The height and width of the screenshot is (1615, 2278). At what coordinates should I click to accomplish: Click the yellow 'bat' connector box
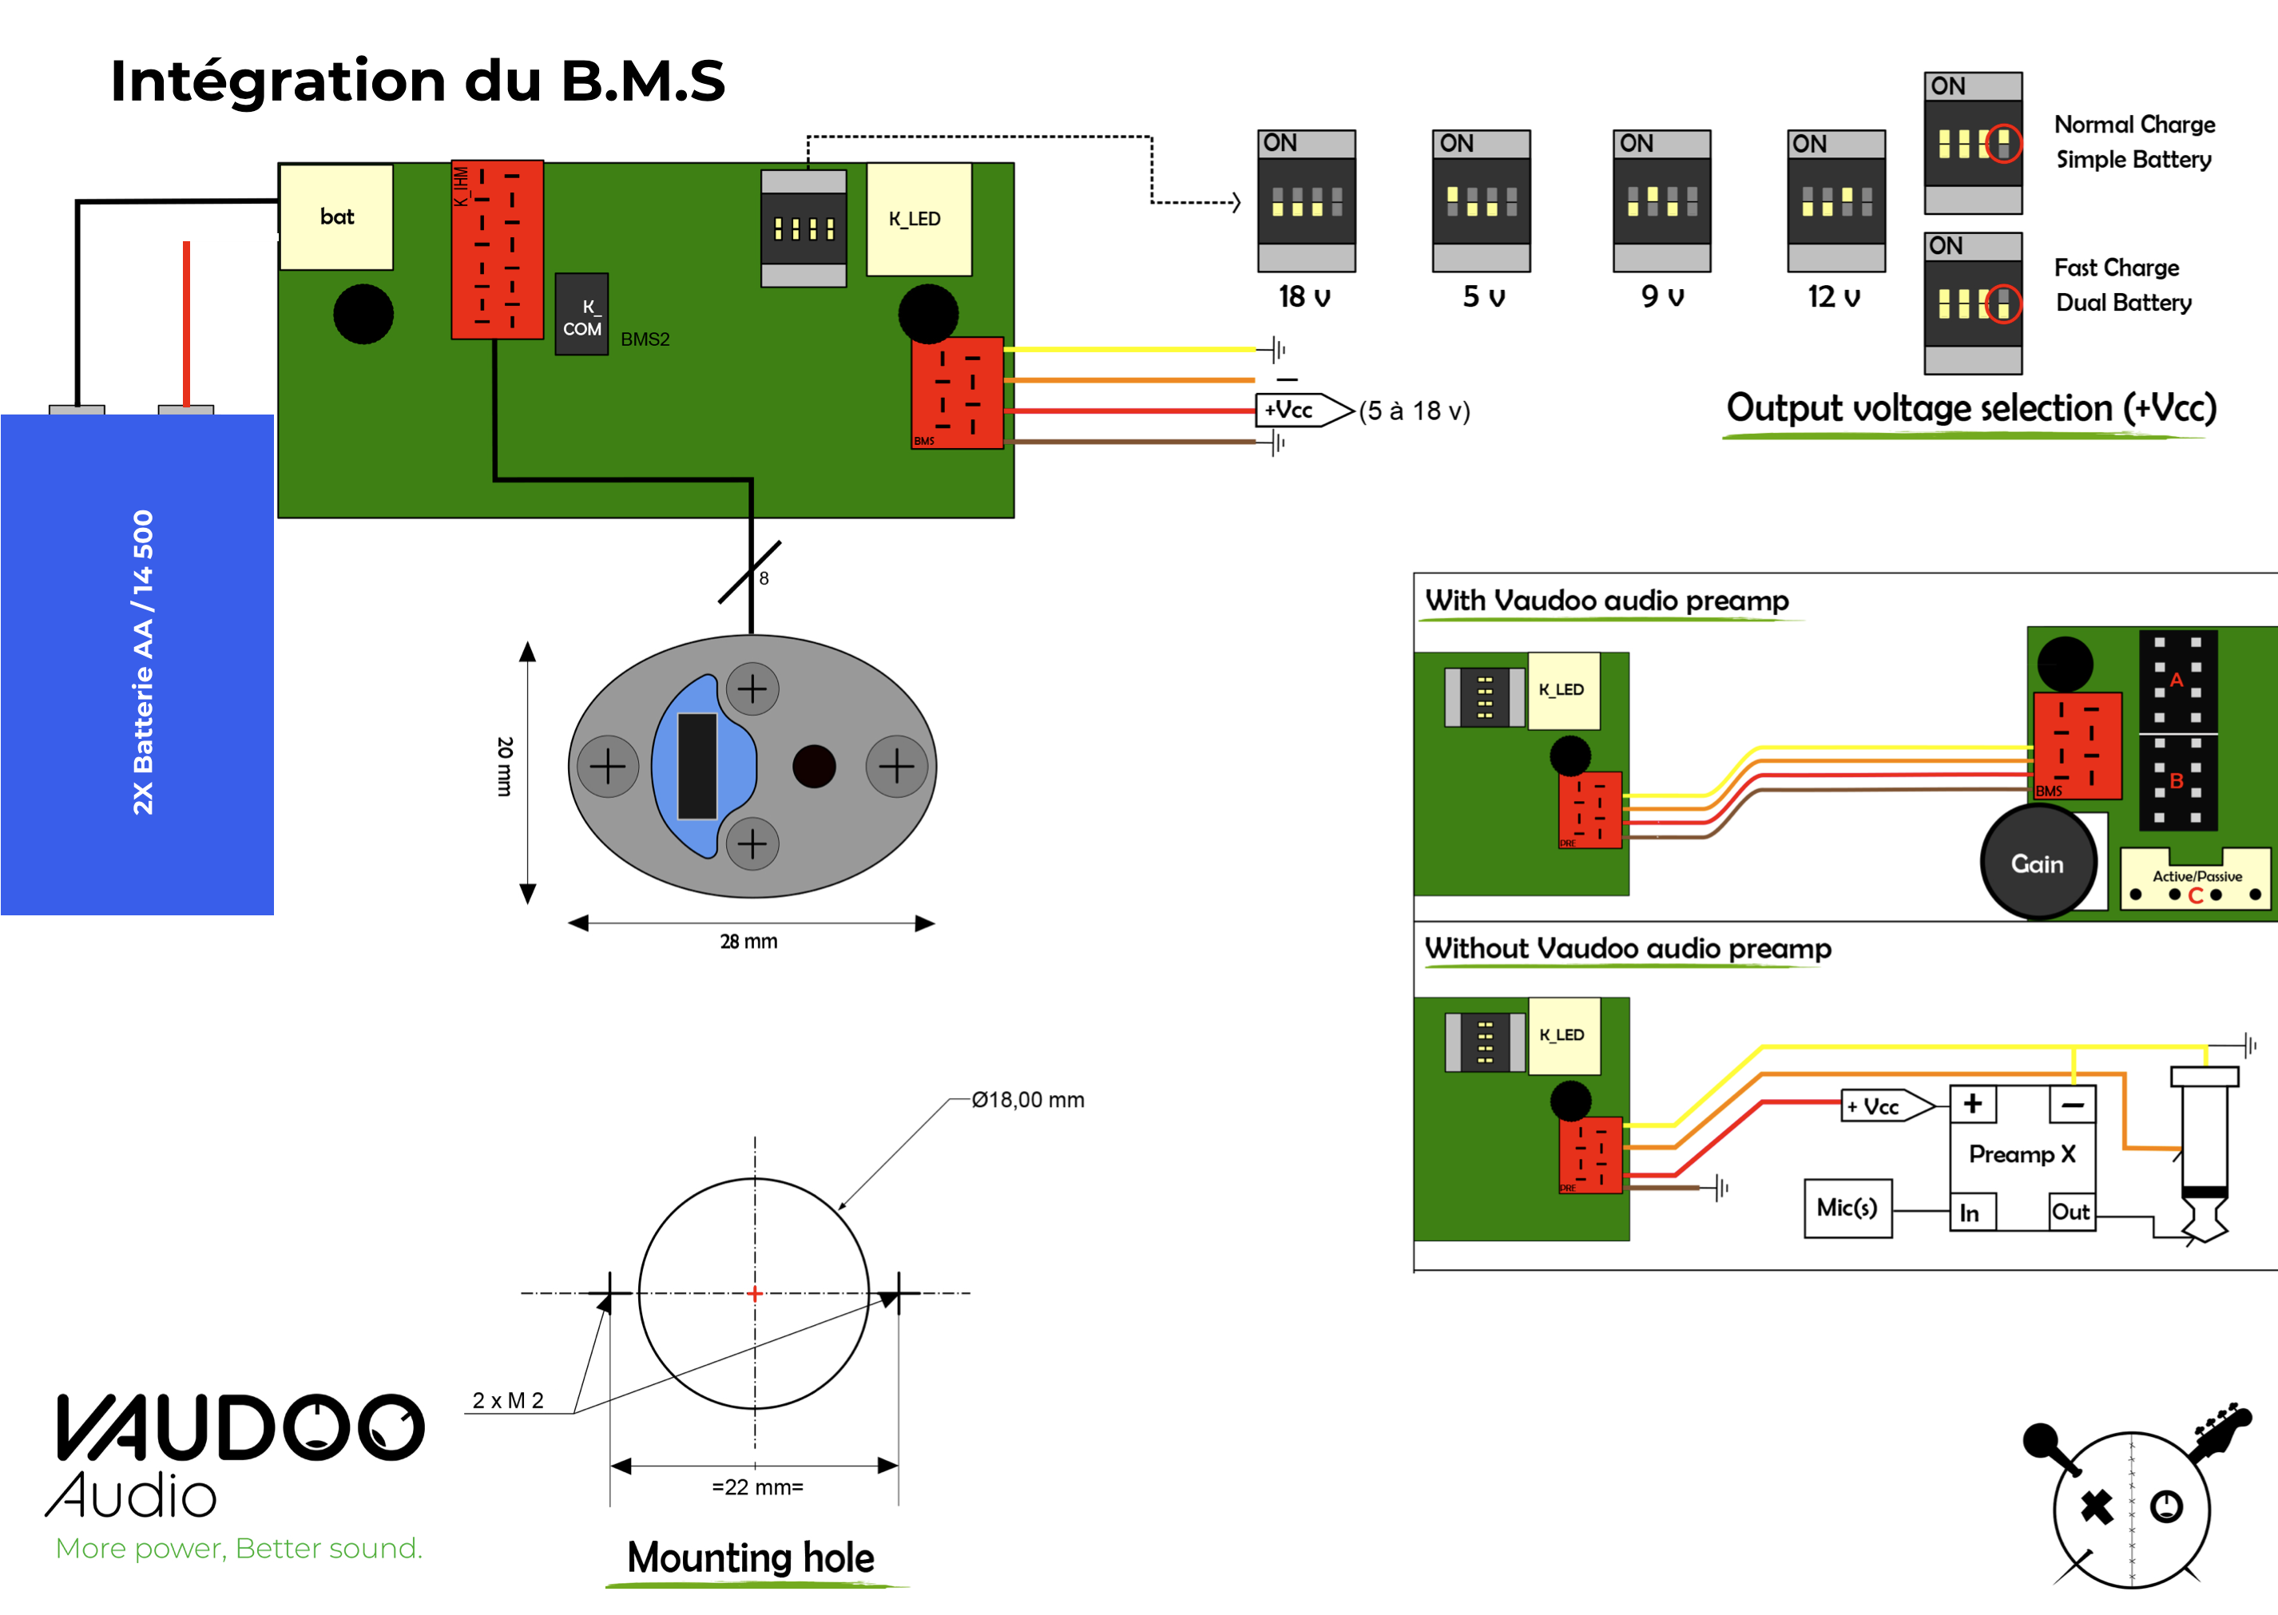click(336, 216)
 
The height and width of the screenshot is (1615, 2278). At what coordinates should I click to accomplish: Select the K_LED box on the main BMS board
click(918, 219)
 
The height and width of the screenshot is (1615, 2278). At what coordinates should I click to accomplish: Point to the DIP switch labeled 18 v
click(1306, 201)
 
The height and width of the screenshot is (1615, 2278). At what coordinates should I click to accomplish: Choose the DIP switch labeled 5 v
click(1481, 201)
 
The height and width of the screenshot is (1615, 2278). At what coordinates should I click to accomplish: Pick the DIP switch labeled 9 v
click(1661, 201)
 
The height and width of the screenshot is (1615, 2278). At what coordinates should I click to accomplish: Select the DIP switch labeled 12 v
click(1835, 201)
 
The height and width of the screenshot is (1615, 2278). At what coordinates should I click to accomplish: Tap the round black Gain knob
click(2038, 863)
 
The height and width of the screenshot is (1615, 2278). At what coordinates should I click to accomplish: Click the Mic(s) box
click(1847, 1208)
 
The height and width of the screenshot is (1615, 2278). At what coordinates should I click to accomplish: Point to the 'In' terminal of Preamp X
click(1970, 1213)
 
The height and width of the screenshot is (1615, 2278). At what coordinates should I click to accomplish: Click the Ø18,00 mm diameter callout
click(1028, 1100)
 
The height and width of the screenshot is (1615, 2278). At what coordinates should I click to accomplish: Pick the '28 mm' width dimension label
click(748, 941)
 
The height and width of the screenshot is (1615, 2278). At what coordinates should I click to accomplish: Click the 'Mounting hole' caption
click(751, 1557)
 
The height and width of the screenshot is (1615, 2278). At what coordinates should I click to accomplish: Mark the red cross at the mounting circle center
click(755, 1294)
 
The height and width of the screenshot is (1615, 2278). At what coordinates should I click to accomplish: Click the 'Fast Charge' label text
click(2116, 268)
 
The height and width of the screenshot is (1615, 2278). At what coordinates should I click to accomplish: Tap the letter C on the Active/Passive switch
click(2196, 895)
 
